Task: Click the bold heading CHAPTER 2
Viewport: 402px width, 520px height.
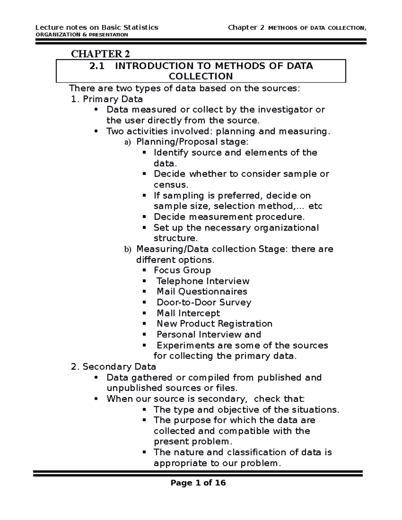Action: tap(100, 54)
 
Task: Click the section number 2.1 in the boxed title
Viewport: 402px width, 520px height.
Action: tap(97, 66)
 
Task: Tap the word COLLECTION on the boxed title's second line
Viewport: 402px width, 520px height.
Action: tap(201, 76)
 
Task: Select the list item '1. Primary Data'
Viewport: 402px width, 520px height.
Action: tap(107, 99)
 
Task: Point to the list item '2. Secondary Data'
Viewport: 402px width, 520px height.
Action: tap(114, 367)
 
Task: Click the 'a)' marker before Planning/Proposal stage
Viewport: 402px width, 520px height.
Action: tap(127, 142)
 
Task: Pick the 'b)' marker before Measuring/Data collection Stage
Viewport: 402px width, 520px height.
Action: tap(127, 249)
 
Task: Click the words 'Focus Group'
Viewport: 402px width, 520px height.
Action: tap(182, 270)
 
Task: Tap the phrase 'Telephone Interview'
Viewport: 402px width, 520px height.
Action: tap(203, 281)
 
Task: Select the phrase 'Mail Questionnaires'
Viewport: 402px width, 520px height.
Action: tap(202, 291)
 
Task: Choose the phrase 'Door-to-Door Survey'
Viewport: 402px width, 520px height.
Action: tap(204, 302)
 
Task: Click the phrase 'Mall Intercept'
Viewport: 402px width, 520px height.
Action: tap(188, 313)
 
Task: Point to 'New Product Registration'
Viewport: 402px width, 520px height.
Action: tap(214, 324)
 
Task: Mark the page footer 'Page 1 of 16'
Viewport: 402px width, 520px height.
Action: tap(198, 482)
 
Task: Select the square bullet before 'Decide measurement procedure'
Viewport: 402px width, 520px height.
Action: tap(144, 217)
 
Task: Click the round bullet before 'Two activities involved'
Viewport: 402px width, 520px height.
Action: tap(96, 131)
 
